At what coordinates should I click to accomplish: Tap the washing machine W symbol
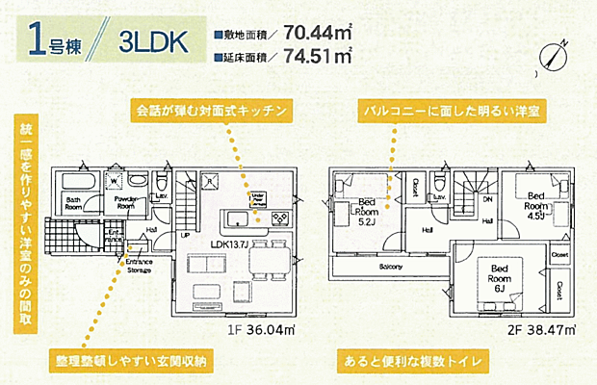(x=116, y=179)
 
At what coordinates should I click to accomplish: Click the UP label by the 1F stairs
(x=184, y=234)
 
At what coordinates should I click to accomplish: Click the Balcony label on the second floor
(x=389, y=267)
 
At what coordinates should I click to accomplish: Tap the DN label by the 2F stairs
(x=486, y=200)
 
